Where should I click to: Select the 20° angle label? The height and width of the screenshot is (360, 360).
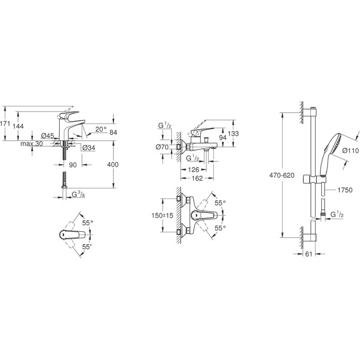tap(102, 129)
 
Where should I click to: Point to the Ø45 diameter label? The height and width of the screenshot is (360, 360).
tap(47, 136)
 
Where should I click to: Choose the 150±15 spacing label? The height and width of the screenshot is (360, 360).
tap(162, 217)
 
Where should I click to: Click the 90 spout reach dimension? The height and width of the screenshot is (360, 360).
tap(73, 165)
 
